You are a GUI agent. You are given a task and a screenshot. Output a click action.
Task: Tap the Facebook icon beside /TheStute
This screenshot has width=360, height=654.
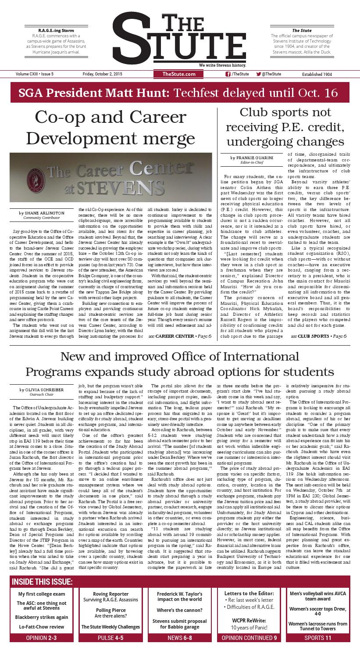coord(228,74)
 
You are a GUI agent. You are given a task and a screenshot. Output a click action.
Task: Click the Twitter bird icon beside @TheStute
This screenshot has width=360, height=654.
coord(258,74)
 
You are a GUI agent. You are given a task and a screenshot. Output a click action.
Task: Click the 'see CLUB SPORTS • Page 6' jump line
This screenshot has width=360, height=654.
coord(318,336)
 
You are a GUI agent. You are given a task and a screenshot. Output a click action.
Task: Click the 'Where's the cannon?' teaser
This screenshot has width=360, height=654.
coord(179,611)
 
